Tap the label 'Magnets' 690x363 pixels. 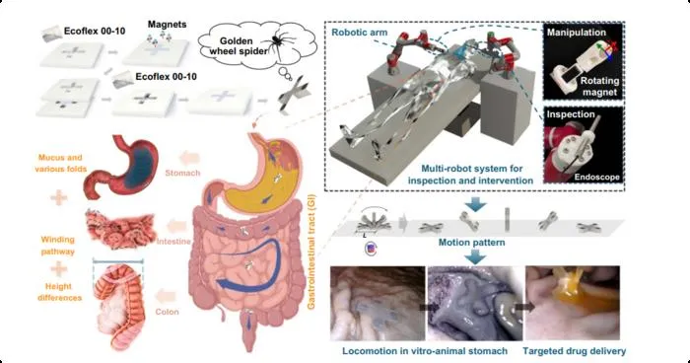[x=167, y=25]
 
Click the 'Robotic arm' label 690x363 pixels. [x=360, y=33]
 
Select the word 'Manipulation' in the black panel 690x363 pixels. [x=576, y=33]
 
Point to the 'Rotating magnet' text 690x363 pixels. [x=599, y=87]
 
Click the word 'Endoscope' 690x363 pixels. [x=596, y=178]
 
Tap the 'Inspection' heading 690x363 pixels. [x=571, y=114]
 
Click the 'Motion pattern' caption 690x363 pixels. [x=472, y=243]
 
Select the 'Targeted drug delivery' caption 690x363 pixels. [x=575, y=351]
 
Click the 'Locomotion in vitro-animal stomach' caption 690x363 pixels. [x=425, y=351]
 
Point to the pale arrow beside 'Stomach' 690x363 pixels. [x=189, y=158]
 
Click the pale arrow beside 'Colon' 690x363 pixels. [x=168, y=296]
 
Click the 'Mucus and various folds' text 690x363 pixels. [x=60, y=163]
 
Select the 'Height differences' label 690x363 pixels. [x=59, y=292]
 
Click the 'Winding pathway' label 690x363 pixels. [x=57, y=246]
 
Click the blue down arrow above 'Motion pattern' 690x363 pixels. [x=475, y=204]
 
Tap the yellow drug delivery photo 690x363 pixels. [x=573, y=303]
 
